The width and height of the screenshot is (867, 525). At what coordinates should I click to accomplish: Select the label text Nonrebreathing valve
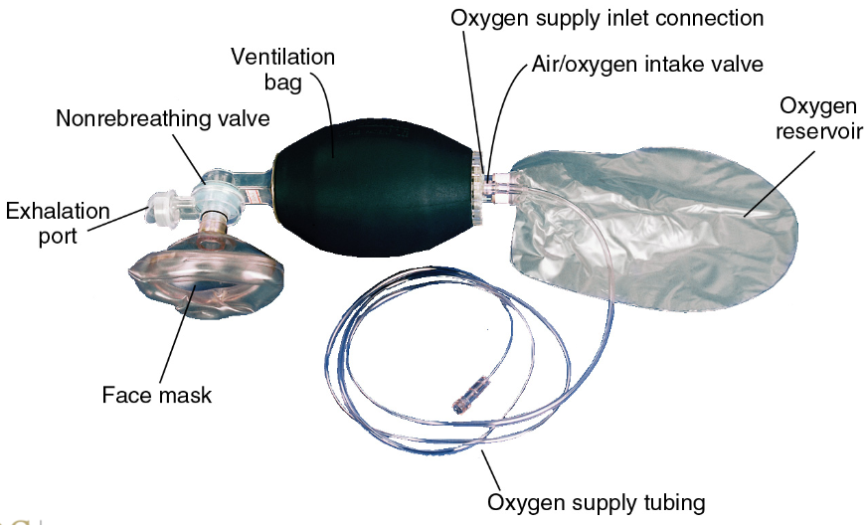click(x=162, y=119)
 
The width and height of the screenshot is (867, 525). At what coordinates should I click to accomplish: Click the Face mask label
click(x=157, y=395)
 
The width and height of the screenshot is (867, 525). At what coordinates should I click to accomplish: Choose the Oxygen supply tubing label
click(x=597, y=502)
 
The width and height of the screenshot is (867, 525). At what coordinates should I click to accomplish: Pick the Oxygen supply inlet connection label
click(x=606, y=19)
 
